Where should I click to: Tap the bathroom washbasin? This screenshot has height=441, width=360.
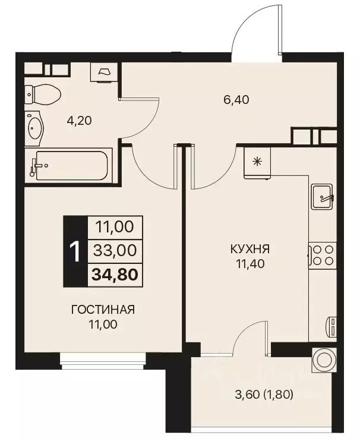point(36,128)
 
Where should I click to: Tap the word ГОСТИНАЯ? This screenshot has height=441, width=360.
point(103,310)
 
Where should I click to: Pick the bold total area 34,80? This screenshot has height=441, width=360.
point(113,275)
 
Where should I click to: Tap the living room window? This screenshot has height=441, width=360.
point(103,358)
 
